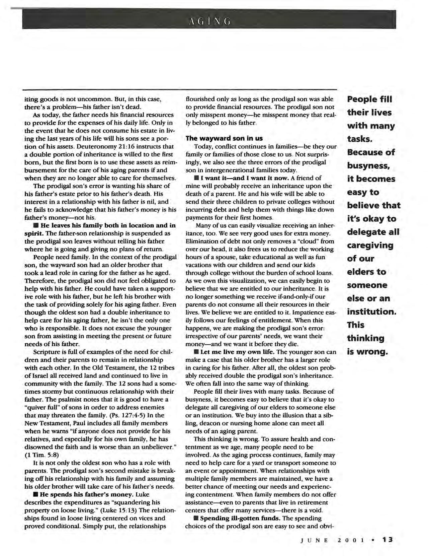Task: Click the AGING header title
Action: coord(209,22)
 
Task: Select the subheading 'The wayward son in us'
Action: coord(224,138)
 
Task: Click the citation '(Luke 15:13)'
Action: coord(118,510)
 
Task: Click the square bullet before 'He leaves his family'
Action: coord(35,225)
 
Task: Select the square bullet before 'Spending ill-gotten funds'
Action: coord(196,518)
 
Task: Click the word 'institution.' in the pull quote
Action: coord(371,312)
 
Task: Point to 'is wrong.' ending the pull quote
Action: coord(367,352)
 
